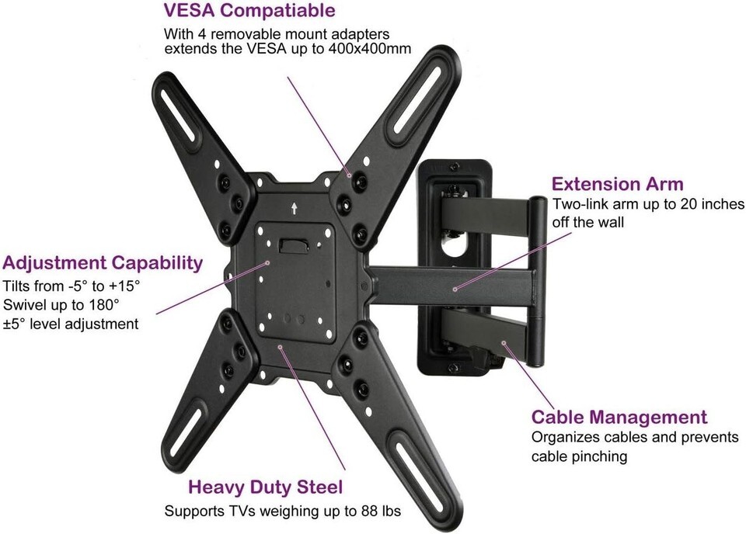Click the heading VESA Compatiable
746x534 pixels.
pos(249,10)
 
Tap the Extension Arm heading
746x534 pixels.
pos(617,184)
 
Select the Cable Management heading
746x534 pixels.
pos(619,417)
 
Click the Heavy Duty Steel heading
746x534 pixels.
pos(265,487)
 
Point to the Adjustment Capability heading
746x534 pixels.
pos(103,263)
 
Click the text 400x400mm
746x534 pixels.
pos(370,49)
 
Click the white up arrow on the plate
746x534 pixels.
pos(295,208)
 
